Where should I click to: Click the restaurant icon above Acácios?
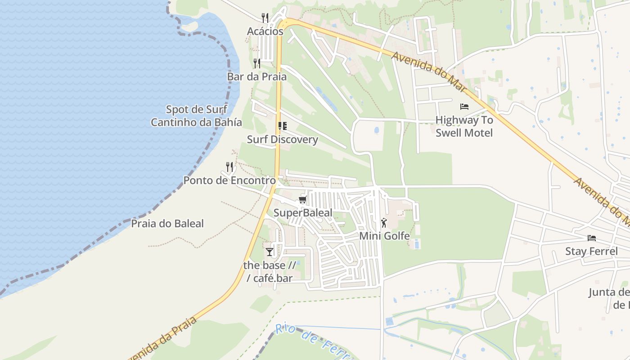pyautogui.click(x=265, y=18)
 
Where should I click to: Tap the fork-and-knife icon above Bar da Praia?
pyautogui.click(x=257, y=63)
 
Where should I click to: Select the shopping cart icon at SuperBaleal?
pyautogui.click(x=302, y=200)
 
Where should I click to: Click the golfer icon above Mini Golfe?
pyautogui.click(x=384, y=223)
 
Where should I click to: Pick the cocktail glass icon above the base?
pyautogui.click(x=270, y=252)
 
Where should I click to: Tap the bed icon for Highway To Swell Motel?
pyautogui.click(x=464, y=107)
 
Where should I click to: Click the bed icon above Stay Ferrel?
pyautogui.click(x=592, y=238)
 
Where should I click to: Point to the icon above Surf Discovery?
pyautogui.click(x=283, y=126)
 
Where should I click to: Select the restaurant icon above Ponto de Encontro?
pyautogui.click(x=229, y=167)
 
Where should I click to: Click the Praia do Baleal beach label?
pyautogui.click(x=167, y=224)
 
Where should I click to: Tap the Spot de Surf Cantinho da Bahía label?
pyautogui.click(x=196, y=116)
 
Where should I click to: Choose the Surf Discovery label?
pyautogui.click(x=283, y=139)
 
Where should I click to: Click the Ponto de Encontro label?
pyautogui.click(x=229, y=181)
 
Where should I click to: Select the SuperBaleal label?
pyautogui.click(x=303, y=213)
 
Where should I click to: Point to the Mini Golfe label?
pyautogui.click(x=384, y=236)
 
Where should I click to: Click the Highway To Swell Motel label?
pyautogui.click(x=464, y=126)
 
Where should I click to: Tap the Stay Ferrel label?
pyautogui.click(x=591, y=251)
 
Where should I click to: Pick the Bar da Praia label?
pyautogui.click(x=256, y=76)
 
